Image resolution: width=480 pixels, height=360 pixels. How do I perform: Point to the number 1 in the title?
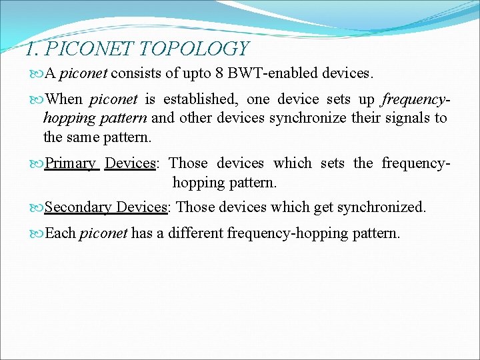click(x=29, y=49)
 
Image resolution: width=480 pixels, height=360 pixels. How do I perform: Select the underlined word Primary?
click(x=71, y=163)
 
